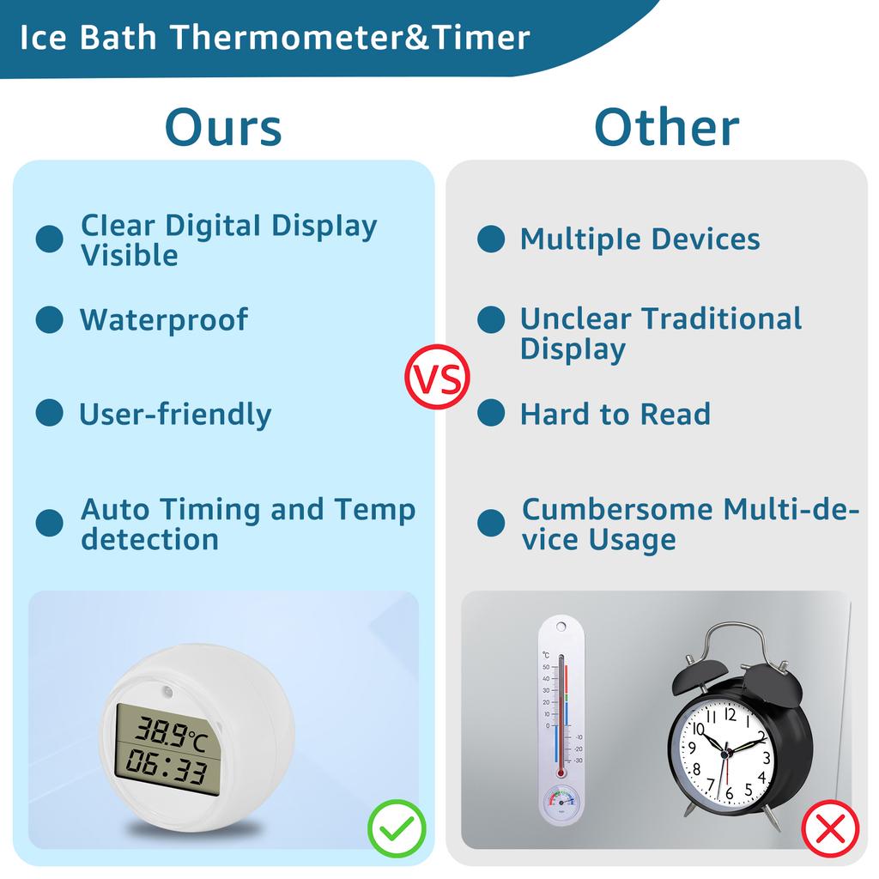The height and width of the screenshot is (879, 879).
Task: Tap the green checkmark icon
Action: point(397,829)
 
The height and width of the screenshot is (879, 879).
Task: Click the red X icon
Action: point(830,829)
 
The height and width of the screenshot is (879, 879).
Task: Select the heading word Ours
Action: point(223,127)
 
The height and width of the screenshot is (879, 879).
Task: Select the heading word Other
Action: point(666,127)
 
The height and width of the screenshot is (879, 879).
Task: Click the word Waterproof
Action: point(163,320)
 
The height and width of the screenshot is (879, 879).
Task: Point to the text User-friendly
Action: point(175,415)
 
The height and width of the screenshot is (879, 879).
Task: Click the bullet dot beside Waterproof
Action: point(49,320)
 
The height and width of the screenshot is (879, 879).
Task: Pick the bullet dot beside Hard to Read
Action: point(491,414)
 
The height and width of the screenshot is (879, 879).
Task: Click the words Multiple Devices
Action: point(640,239)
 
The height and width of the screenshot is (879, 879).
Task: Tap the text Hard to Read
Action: point(615,415)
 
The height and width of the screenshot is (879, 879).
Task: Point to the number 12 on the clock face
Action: point(730,712)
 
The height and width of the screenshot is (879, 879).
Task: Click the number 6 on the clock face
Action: point(730,794)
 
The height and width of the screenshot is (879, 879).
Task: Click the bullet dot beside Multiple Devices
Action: point(491,239)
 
